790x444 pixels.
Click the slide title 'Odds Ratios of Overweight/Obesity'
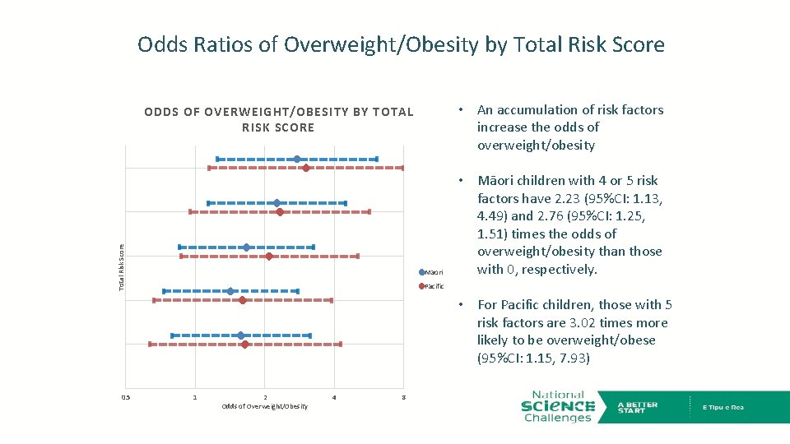pyautogui.click(x=401, y=44)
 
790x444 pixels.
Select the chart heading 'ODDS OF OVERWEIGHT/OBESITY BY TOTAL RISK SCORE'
pyautogui.click(x=278, y=119)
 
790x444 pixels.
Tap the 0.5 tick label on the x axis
pyautogui.click(x=125, y=398)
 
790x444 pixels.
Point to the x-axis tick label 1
pyautogui.click(x=195, y=398)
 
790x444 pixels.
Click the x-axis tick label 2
pyautogui.click(x=264, y=398)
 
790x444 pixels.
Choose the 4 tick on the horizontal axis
pyautogui.click(x=333, y=398)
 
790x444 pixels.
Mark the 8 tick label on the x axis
pyautogui.click(x=403, y=398)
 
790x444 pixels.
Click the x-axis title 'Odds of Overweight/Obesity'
pyautogui.click(x=264, y=407)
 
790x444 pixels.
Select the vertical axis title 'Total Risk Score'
pyautogui.click(x=121, y=266)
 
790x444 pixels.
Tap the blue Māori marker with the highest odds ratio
pyautogui.click(x=297, y=159)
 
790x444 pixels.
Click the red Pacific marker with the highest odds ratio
pyautogui.click(x=306, y=168)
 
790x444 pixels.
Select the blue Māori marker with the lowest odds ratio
pyautogui.click(x=230, y=291)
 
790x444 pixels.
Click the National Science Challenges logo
pyautogui.click(x=557, y=406)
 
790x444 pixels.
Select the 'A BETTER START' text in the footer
pyautogui.click(x=638, y=407)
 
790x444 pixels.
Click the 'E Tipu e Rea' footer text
pyautogui.click(x=723, y=407)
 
